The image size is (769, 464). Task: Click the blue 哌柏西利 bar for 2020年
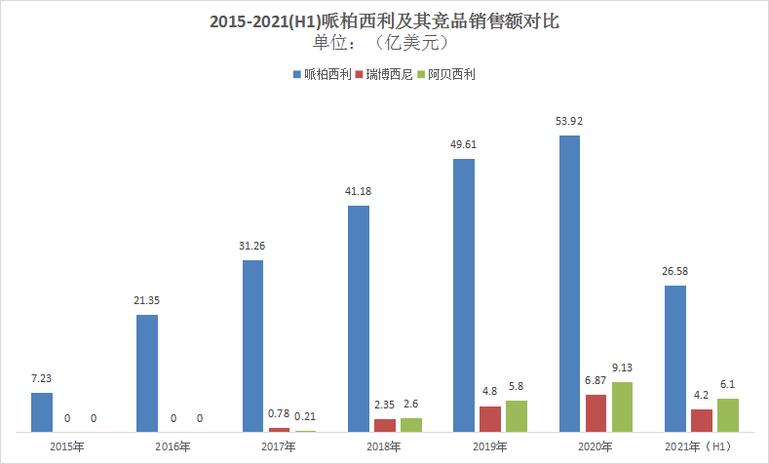click(x=569, y=283)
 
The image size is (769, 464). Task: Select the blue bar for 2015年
click(x=41, y=411)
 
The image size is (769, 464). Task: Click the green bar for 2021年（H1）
click(x=728, y=414)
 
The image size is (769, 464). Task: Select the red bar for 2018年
click(x=385, y=425)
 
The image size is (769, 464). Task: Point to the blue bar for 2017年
click(x=252, y=345)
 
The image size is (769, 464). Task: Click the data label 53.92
click(x=569, y=122)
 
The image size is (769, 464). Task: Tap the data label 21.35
click(x=147, y=301)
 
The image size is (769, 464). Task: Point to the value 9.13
click(x=623, y=368)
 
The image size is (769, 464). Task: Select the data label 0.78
click(x=279, y=414)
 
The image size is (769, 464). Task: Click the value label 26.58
click(x=674, y=272)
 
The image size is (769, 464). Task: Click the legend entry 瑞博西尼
click(x=388, y=74)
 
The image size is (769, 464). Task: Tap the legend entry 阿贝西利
click(x=450, y=74)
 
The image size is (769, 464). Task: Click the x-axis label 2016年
click(x=173, y=446)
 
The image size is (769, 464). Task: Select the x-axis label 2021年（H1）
click(x=702, y=446)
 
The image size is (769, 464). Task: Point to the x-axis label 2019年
click(x=489, y=446)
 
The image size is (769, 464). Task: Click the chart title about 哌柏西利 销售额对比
click(x=385, y=20)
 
